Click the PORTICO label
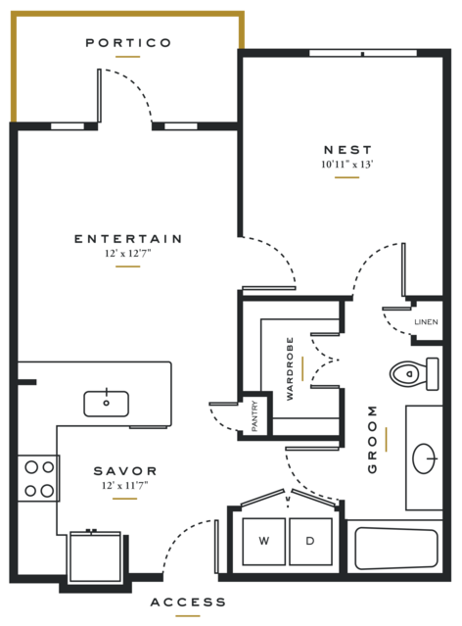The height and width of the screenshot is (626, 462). pyautogui.click(x=128, y=43)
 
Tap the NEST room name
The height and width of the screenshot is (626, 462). pyautogui.click(x=347, y=150)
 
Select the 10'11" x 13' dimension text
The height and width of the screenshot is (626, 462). pyautogui.click(x=347, y=164)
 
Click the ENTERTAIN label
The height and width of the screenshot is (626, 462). pyautogui.click(x=128, y=239)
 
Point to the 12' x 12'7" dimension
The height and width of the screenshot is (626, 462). pyautogui.click(x=127, y=253)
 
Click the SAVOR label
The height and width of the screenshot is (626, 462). pyautogui.click(x=125, y=471)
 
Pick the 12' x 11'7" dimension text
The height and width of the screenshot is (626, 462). pyautogui.click(x=125, y=486)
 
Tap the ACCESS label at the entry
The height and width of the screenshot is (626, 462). pyautogui.click(x=188, y=602)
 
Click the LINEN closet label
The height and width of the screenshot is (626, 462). pyautogui.click(x=426, y=321)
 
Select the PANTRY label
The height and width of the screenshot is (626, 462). pyautogui.click(x=254, y=416)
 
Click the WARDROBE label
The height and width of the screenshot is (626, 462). pyautogui.click(x=290, y=368)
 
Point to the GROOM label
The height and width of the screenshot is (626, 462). pyautogui.click(x=372, y=439)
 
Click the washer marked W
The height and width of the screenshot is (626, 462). pyautogui.click(x=263, y=542)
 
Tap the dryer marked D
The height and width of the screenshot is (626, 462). pyautogui.click(x=310, y=542)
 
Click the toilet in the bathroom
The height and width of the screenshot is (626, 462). pyautogui.click(x=414, y=374)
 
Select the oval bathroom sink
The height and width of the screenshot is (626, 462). pyautogui.click(x=424, y=458)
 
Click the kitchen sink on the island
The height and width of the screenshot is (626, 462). pyautogui.click(x=106, y=404)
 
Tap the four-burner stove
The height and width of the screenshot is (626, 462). pyautogui.click(x=39, y=478)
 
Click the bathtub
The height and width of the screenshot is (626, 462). pyautogui.click(x=395, y=549)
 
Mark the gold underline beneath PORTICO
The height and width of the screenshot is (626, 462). pyautogui.click(x=127, y=57)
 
